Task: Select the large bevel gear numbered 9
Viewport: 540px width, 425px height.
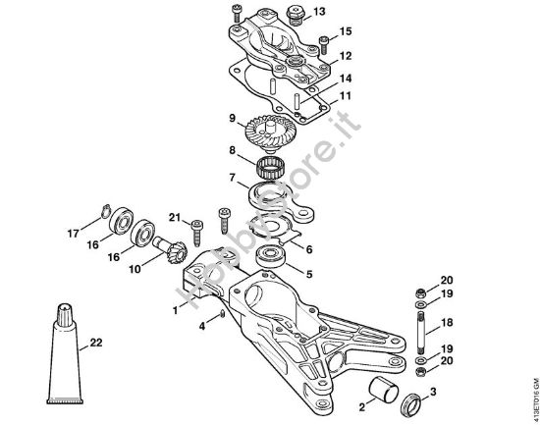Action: click(x=258, y=130)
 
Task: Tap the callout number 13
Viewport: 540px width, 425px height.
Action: click(x=318, y=13)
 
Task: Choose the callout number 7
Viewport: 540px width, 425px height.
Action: click(x=232, y=179)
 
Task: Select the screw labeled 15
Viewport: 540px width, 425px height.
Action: click(x=325, y=42)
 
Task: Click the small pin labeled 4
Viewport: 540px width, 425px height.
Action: click(x=224, y=314)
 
